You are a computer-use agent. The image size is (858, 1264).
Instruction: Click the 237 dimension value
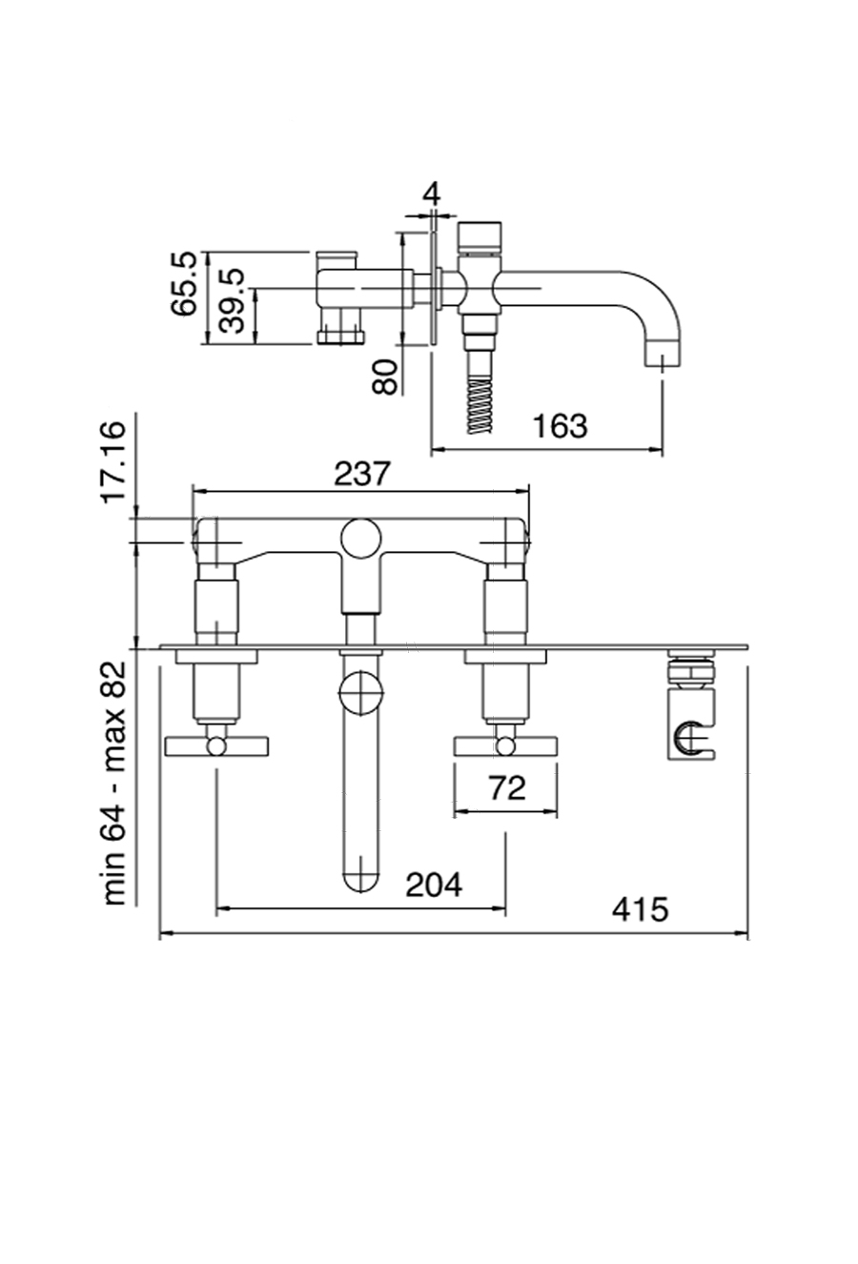point(363,473)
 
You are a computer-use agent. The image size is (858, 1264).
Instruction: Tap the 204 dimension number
point(434,885)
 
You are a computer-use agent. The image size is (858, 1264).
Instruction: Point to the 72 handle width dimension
point(506,787)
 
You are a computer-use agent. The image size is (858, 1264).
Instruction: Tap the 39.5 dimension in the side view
point(232,300)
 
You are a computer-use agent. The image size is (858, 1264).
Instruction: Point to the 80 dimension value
point(384,377)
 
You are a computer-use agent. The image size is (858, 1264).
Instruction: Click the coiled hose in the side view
point(480,405)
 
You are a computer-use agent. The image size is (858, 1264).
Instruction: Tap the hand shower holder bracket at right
point(691,735)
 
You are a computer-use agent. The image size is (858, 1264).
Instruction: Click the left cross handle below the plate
point(217,744)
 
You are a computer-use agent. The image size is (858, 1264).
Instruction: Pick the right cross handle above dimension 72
point(505,744)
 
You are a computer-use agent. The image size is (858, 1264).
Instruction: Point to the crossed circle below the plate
point(360,691)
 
